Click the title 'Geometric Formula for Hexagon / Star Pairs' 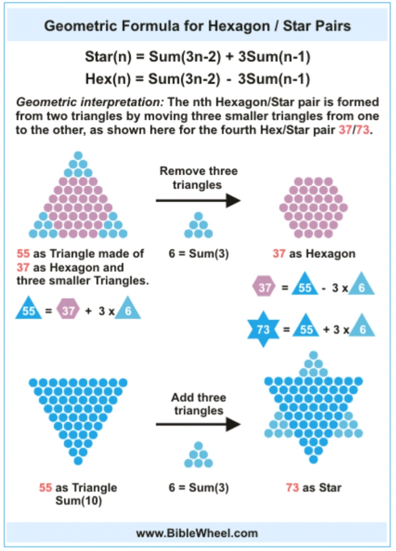pos(197,26)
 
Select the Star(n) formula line pos(197,57)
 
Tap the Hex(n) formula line pos(197,79)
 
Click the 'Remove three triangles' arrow pos(198,200)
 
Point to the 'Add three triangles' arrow pos(198,424)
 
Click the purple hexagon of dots pos(313,207)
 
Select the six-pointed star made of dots pos(313,408)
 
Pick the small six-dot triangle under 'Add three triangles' pos(198,455)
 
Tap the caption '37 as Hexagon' pos(314,254)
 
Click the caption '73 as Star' pos(313,488)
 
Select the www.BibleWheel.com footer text pos(197,533)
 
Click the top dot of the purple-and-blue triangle pos(78,155)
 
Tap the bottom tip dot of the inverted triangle pos(78,461)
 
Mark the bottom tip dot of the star pos(313,459)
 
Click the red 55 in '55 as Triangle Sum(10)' pos(46,488)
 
